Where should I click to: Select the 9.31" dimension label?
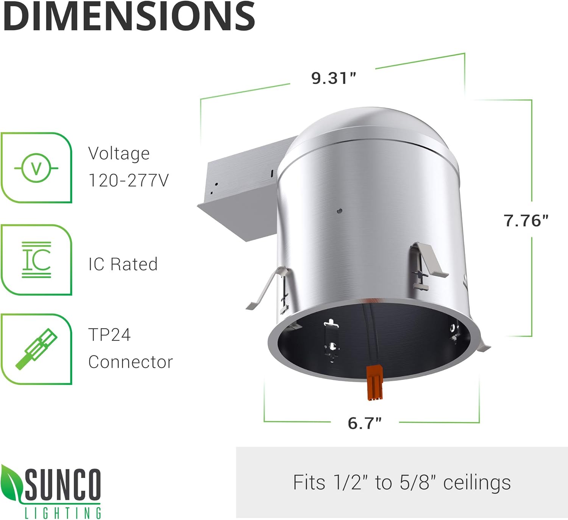(x=334, y=78)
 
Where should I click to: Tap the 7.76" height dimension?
(x=526, y=220)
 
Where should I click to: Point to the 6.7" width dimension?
(x=365, y=423)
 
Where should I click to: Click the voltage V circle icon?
(x=36, y=168)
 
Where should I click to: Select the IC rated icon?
(x=36, y=260)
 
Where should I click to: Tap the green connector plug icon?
(x=36, y=349)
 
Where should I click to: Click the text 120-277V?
(x=128, y=181)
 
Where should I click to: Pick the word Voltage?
(x=119, y=154)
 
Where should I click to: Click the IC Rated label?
(x=123, y=264)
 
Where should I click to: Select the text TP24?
(x=109, y=335)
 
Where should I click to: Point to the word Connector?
(x=130, y=362)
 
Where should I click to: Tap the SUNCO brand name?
(x=63, y=484)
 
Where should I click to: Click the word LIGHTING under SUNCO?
(x=63, y=513)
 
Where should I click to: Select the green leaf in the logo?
(x=11, y=483)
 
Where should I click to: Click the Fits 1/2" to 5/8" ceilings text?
(x=402, y=483)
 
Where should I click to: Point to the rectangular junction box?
(x=242, y=193)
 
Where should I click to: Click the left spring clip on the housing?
(x=267, y=288)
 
